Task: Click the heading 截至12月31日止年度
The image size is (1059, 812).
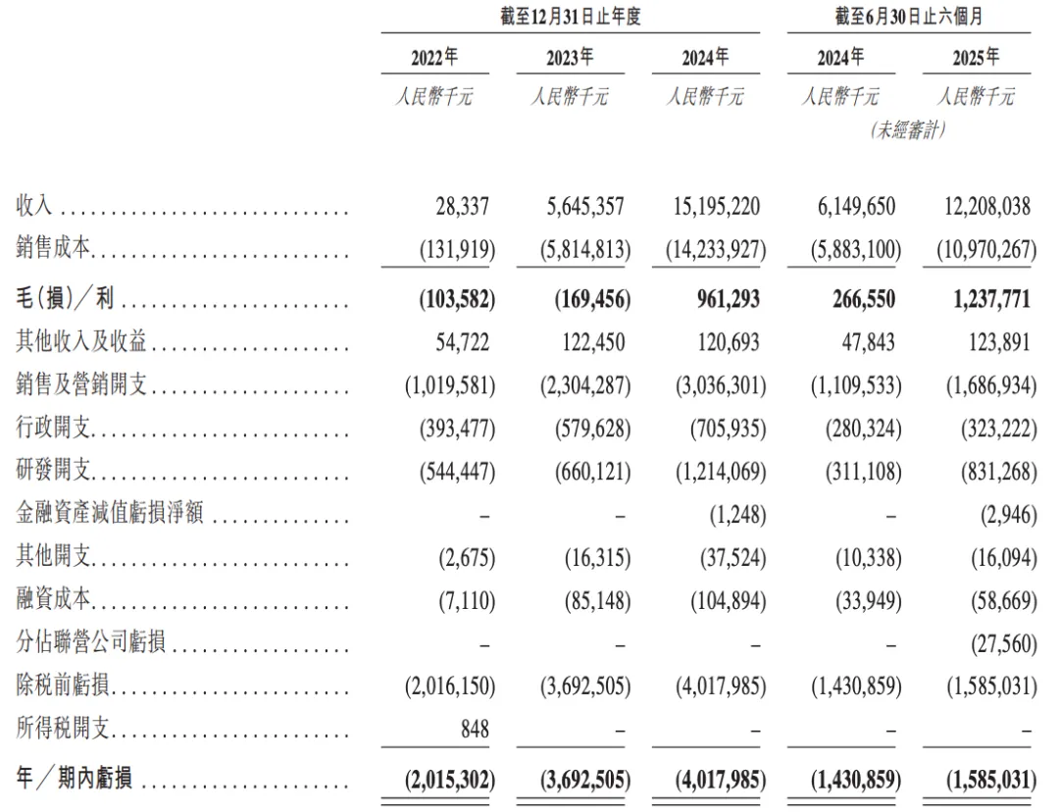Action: pos(570,17)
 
